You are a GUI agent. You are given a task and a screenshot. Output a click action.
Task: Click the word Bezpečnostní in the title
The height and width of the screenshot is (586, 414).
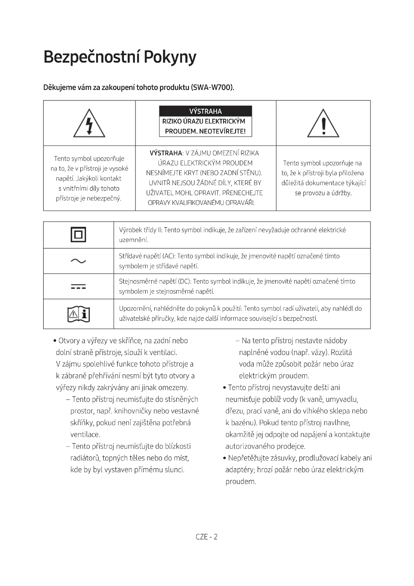(92, 57)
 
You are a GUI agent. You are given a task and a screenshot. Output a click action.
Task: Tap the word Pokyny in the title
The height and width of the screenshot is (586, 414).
(170, 57)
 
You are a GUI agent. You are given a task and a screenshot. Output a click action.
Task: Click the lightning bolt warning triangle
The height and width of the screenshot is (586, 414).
(89, 124)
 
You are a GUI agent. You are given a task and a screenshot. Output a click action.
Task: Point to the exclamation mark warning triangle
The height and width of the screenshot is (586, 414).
(323, 124)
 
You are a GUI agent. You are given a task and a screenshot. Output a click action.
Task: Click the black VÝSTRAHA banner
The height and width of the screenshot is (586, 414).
(205, 111)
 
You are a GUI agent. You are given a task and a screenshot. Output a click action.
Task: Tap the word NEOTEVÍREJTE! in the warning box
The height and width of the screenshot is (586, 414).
(222, 132)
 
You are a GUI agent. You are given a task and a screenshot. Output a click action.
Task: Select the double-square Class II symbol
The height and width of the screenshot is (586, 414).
(78, 235)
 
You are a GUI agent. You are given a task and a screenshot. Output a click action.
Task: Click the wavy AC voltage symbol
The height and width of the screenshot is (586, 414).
(78, 261)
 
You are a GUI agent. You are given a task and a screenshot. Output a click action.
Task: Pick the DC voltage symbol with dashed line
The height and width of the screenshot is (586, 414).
(78, 286)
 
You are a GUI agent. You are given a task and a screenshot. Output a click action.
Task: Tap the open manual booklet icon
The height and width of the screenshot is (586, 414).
(79, 314)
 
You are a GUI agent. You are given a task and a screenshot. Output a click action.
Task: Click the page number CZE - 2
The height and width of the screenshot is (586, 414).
(206, 537)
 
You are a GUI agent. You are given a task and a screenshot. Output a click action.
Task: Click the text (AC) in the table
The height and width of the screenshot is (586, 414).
(169, 256)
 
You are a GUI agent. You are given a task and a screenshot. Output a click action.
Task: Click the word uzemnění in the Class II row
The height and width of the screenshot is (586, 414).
(133, 240)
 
